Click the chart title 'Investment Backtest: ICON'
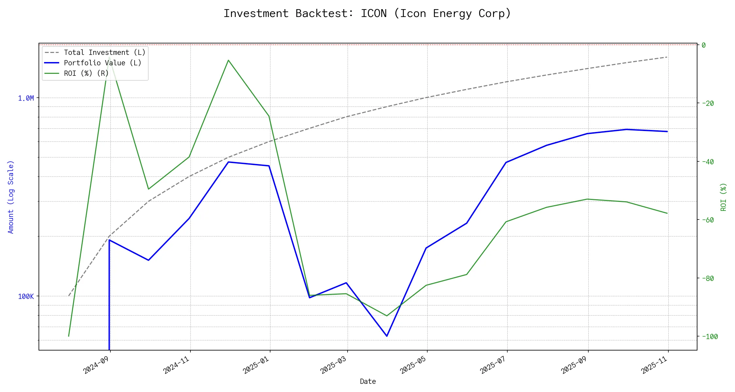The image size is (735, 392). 367,13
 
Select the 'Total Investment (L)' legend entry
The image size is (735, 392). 105,53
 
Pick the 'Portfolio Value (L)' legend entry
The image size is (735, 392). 103,63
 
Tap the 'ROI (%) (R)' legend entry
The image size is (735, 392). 86,73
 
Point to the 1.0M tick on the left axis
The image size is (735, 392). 26,98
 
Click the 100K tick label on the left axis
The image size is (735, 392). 26,297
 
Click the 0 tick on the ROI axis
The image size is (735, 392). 704,45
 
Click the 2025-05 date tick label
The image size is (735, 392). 413,365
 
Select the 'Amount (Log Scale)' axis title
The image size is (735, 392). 11,197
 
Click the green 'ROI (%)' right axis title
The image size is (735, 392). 724,197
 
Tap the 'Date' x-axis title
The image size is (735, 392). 368,382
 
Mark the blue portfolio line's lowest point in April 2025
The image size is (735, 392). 387,336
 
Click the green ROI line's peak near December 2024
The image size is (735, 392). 228,60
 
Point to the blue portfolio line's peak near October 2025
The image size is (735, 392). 627,129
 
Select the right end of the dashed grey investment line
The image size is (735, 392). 667,57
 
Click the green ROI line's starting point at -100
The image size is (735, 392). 69,336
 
